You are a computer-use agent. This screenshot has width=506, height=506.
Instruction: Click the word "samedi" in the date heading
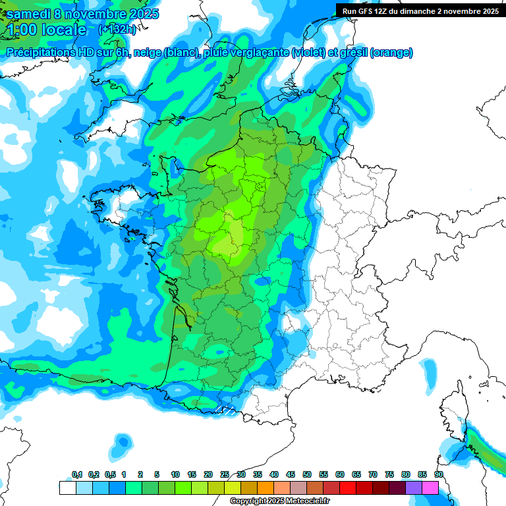[x=27, y=14]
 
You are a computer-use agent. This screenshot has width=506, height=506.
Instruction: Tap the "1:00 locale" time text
[x=45, y=30]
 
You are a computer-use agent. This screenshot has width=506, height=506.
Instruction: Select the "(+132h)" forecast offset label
[x=117, y=29]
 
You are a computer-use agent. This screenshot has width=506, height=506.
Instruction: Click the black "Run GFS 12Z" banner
[x=420, y=11]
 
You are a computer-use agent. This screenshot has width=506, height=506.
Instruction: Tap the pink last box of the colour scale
[x=430, y=488]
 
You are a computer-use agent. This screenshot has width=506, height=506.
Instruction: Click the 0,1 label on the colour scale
[x=76, y=475]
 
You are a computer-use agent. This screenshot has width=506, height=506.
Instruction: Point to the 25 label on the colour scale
[x=225, y=475]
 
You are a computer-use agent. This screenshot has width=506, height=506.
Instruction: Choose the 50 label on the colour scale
[x=307, y=475]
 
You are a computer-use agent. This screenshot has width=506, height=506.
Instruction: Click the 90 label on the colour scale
[x=439, y=475]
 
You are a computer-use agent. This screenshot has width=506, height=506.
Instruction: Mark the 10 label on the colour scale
[x=175, y=475]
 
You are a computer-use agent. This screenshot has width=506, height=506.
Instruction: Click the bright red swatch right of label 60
[x=348, y=488]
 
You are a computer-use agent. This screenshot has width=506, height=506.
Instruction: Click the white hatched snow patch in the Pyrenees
[x=225, y=410]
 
